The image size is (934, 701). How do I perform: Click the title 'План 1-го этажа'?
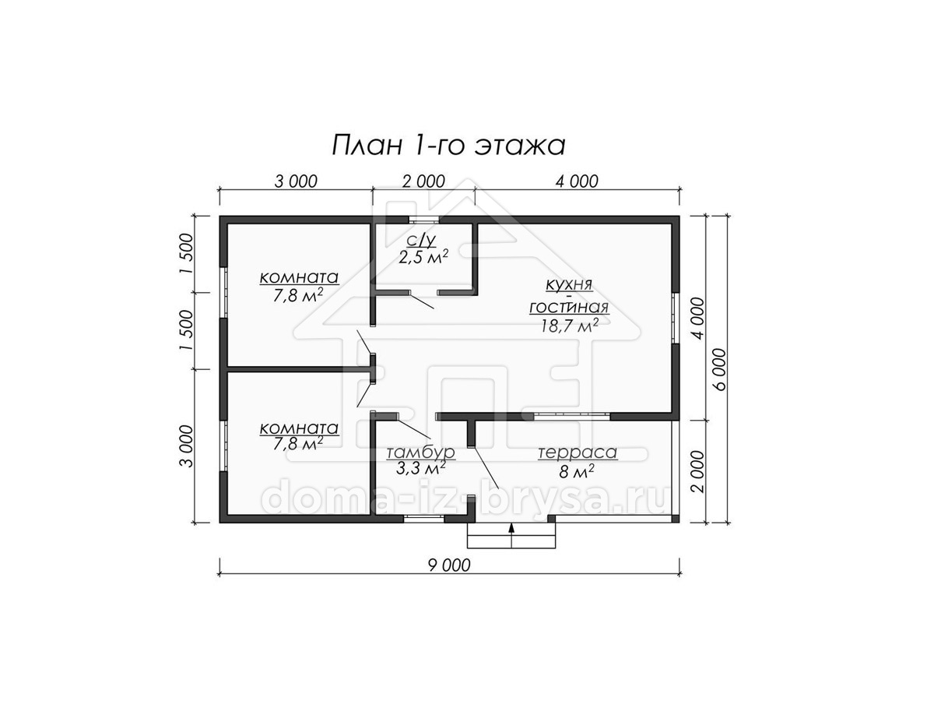(448, 146)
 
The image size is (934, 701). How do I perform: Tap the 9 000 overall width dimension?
(449, 565)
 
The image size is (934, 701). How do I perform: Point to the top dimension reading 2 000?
(423, 181)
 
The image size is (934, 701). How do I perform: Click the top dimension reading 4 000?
(577, 181)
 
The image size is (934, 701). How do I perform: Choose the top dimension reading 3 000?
(296, 181)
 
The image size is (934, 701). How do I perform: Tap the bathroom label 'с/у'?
(421, 241)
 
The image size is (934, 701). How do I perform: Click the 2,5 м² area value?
(423, 257)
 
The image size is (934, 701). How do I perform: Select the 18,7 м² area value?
(570, 326)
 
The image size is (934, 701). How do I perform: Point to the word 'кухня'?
(569, 285)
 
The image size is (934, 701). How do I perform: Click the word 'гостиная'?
(569, 308)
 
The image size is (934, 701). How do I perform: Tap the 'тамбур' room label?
(421, 453)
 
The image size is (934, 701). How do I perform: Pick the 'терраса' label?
(578, 453)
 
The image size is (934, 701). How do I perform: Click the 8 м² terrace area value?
(577, 471)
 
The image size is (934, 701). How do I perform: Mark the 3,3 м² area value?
(421, 469)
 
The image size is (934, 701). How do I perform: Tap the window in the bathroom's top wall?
(423, 220)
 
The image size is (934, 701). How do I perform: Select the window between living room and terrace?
(572, 417)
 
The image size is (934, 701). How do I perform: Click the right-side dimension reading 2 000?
(699, 471)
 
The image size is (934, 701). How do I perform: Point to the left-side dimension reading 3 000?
(187, 446)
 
